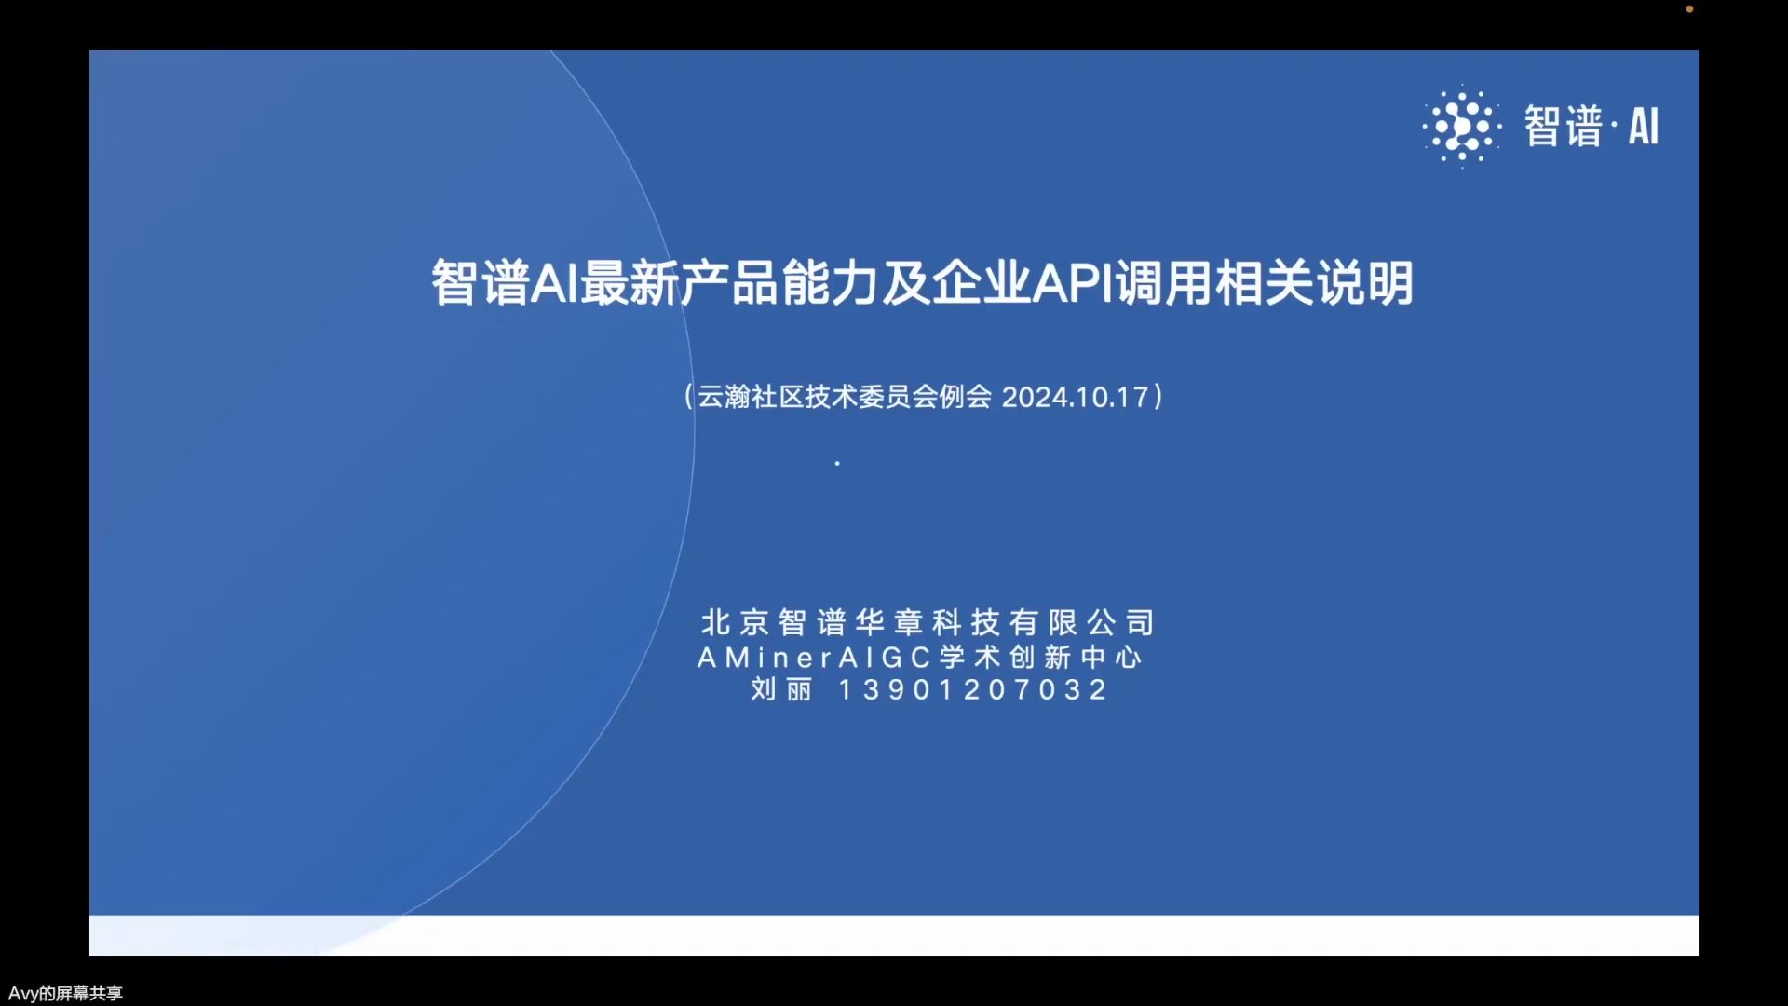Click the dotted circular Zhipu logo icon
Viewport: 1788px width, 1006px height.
click(1461, 126)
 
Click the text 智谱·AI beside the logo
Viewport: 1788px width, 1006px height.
click(1592, 126)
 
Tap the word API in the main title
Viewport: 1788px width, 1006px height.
click(1073, 282)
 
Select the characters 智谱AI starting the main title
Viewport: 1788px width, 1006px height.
click(504, 282)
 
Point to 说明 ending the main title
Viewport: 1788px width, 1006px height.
click(1364, 282)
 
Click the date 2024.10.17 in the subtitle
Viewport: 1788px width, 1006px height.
click(1075, 397)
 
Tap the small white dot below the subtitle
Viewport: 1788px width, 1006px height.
click(837, 463)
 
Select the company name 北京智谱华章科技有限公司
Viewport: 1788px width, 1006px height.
click(928, 621)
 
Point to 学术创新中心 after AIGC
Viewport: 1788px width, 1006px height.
click(1040, 658)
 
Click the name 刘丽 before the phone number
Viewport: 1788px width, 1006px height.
click(781, 689)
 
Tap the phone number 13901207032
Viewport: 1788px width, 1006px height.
click(973, 689)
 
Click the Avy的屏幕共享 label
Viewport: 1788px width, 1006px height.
click(65, 993)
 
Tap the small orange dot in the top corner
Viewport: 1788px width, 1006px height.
click(1689, 9)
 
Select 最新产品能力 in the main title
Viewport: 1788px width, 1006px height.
click(729, 282)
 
